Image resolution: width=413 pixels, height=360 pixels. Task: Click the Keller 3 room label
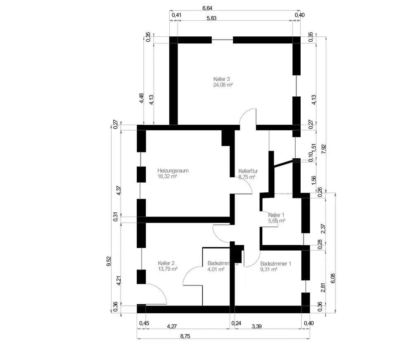(221, 79)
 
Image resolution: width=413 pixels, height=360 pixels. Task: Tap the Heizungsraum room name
(173, 171)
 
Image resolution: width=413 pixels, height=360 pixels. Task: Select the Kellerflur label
(248, 171)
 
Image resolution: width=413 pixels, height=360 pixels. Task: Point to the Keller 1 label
(276, 215)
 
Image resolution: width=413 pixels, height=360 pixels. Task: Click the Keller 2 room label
(166, 263)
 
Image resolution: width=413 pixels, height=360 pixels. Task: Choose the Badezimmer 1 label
(276, 264)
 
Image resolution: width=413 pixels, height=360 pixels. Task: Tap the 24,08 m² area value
(223, 85)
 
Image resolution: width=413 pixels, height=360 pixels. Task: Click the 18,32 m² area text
(167, 176)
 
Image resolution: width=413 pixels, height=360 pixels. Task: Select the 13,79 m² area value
(168, 269)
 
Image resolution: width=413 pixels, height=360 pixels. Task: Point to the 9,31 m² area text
(269, 269)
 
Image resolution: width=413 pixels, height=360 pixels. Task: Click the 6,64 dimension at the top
(207, 8)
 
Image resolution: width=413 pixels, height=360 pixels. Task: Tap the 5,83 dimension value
(211, 18)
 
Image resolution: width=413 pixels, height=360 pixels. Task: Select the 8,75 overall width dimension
(185, 336)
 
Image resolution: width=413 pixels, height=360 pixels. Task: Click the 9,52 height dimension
(109, 261)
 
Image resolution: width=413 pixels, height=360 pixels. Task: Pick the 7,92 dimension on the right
(324, 149)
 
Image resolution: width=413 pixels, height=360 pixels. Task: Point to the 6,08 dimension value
(333, 278)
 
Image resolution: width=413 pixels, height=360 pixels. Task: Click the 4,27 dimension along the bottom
(172, 326)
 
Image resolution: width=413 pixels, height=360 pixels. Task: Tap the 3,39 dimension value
(257, 326)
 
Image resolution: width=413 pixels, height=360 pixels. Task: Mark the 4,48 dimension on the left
(142, 98)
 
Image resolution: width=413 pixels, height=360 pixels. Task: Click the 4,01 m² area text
(216, 269)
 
